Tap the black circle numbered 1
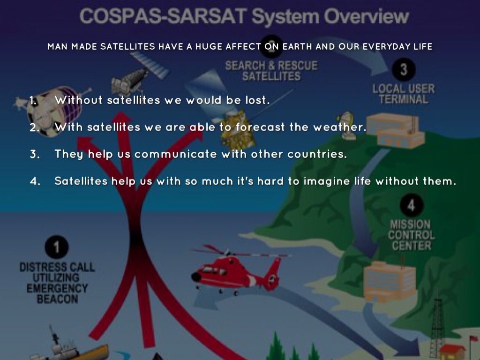click(57, 247)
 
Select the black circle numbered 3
click(404, 69)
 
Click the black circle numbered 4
click(412, 205)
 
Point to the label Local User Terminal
click(404, 94)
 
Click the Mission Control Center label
click(411, 235)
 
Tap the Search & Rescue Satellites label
click(271, 71)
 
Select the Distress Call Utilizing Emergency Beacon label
click(57, 283)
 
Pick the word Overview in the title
click(367, 16)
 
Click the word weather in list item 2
click(339, 127)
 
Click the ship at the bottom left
click(70, 346)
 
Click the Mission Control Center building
click(390, 280)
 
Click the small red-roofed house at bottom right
click(452, 352)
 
